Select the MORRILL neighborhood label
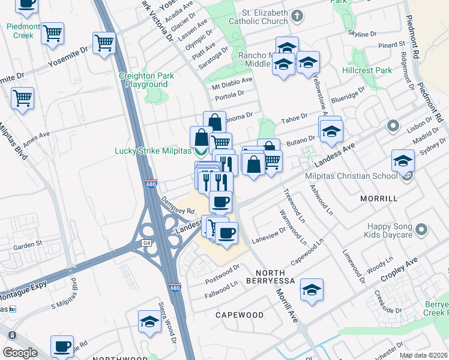(x=379, y=198)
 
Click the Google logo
(x=20, y=353)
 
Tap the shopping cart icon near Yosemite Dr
(x=104, y=43)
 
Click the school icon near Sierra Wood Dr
(x=149, y=322)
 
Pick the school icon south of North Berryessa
(x=312, y=290)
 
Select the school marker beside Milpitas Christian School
(x=403, y=161)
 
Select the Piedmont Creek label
(x=24, y=31)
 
